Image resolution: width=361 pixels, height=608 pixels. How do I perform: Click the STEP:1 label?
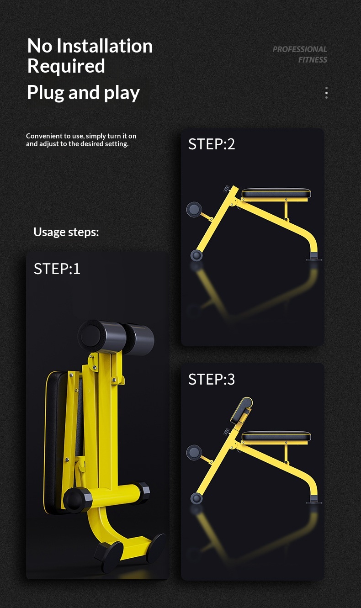point(57,269)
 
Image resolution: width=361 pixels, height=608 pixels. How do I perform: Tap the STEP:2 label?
point(212,144)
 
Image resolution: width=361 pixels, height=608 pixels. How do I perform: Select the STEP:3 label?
point(212,379)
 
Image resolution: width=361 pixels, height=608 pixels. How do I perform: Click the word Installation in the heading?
point(105,46)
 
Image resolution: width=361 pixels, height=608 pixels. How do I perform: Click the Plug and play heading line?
point(83,93)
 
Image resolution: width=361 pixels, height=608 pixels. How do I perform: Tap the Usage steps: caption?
point(66,232)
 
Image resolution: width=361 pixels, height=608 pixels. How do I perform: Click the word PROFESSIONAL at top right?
point(300,49)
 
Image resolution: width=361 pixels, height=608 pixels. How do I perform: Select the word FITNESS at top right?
point(313,60)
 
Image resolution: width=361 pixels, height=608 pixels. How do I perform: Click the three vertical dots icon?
point(326,93)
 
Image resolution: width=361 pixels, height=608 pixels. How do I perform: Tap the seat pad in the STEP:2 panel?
point(276,193)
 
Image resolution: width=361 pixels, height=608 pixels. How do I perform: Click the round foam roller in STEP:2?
point(194,209)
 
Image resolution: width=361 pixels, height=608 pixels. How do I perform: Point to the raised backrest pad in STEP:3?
point(242,410)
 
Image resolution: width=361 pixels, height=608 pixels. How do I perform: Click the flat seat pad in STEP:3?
point(276,436)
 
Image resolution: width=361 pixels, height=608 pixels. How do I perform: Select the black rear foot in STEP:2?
point(314,257)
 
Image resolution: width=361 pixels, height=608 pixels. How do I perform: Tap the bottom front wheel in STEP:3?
point(196,498)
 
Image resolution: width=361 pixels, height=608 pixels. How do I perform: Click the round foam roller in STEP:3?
point(194,453)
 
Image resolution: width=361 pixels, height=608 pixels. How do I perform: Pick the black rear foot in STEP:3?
point(314,500)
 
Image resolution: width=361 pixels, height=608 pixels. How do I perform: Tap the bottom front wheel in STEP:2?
point(196,255)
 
